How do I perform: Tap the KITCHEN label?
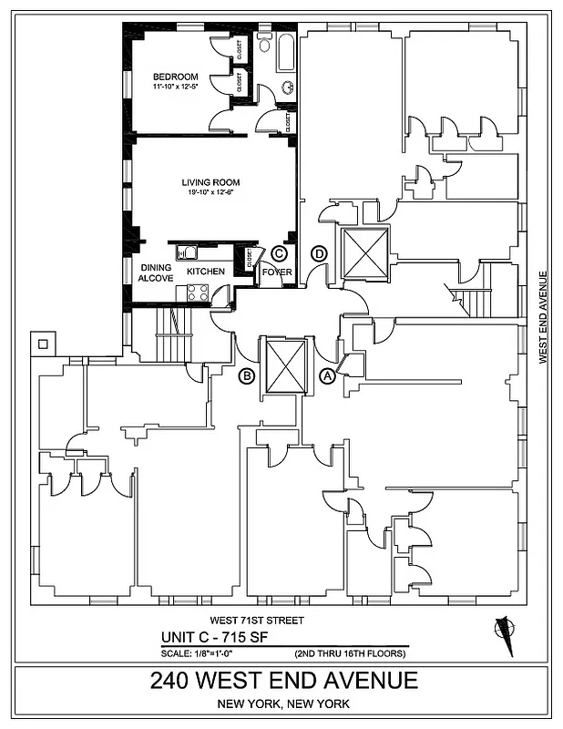tap(205, 272)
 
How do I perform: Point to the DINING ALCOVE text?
tap(156, 273)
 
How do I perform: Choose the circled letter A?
tap(326, 375)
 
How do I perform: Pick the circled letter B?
tap(245, 375)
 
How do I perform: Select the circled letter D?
tap(319, 252)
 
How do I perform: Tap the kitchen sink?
tap(188, 253)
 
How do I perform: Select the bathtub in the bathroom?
tap(284, 52)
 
